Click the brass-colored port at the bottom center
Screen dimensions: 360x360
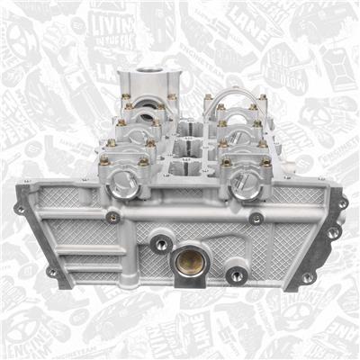point(191,262)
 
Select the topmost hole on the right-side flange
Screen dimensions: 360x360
point(342,203)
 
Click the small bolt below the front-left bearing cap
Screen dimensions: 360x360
point(112,216)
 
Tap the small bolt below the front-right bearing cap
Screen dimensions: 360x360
point(256,217)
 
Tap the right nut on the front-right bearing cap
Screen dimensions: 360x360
point(266,161)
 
